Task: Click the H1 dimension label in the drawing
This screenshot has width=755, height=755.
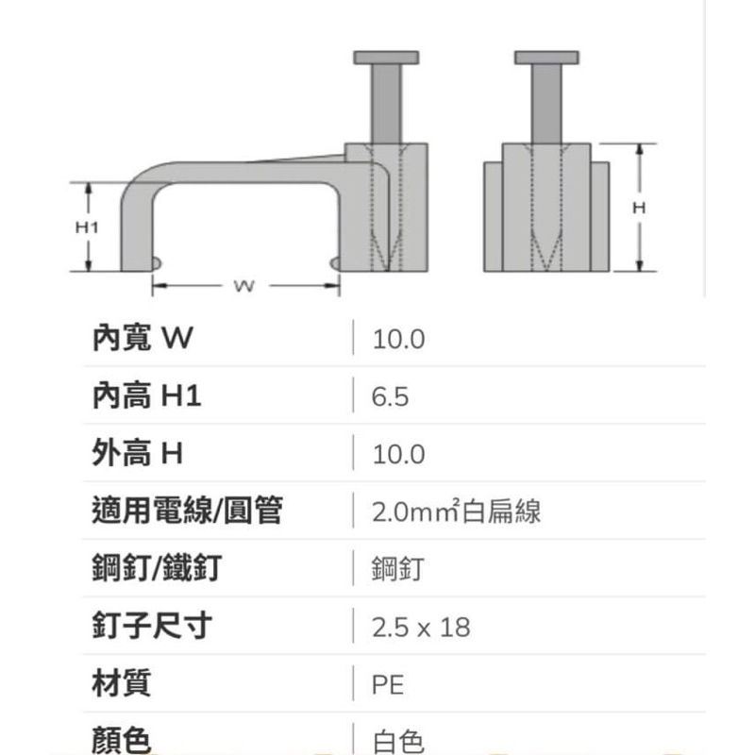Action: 87,226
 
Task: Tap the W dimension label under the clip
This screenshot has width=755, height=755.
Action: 244,286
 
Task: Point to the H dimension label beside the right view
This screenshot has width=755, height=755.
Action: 639,208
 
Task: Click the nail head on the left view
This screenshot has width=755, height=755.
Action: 386,58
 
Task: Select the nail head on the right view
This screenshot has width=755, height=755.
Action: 547,58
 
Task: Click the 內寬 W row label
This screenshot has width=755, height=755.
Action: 143,338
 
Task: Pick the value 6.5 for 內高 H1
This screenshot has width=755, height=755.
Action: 390,396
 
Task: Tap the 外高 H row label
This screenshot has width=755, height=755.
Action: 137,453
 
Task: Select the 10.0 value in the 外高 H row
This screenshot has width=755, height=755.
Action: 398,454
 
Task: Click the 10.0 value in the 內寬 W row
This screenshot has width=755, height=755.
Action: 398,339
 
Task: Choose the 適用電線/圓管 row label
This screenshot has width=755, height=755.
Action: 187,510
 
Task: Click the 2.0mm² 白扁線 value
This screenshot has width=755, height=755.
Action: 457,511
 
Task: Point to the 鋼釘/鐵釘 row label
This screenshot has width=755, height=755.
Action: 157,568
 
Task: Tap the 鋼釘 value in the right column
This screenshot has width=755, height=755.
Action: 397,569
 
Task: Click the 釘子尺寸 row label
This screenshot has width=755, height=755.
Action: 152,625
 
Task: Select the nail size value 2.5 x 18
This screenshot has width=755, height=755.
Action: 421,628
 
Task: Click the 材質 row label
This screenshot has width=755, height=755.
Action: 122,682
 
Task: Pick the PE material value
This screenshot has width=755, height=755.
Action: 388,685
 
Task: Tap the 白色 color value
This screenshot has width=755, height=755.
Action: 398,742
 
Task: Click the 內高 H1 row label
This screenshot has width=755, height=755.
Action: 146,395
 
